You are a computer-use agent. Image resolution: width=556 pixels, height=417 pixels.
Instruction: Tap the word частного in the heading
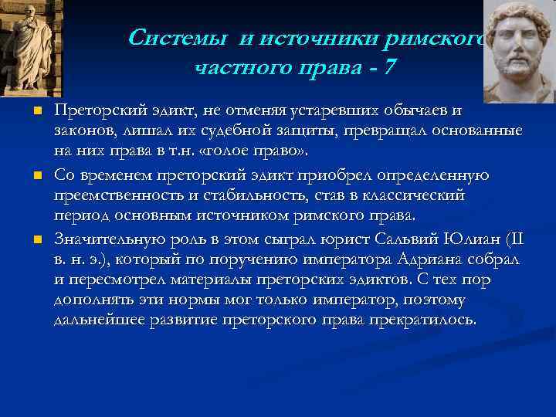pyautogui.click(x=237, y=68)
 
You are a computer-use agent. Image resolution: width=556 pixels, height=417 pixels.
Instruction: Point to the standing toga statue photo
pyautogui.click(x=31, y=46)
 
